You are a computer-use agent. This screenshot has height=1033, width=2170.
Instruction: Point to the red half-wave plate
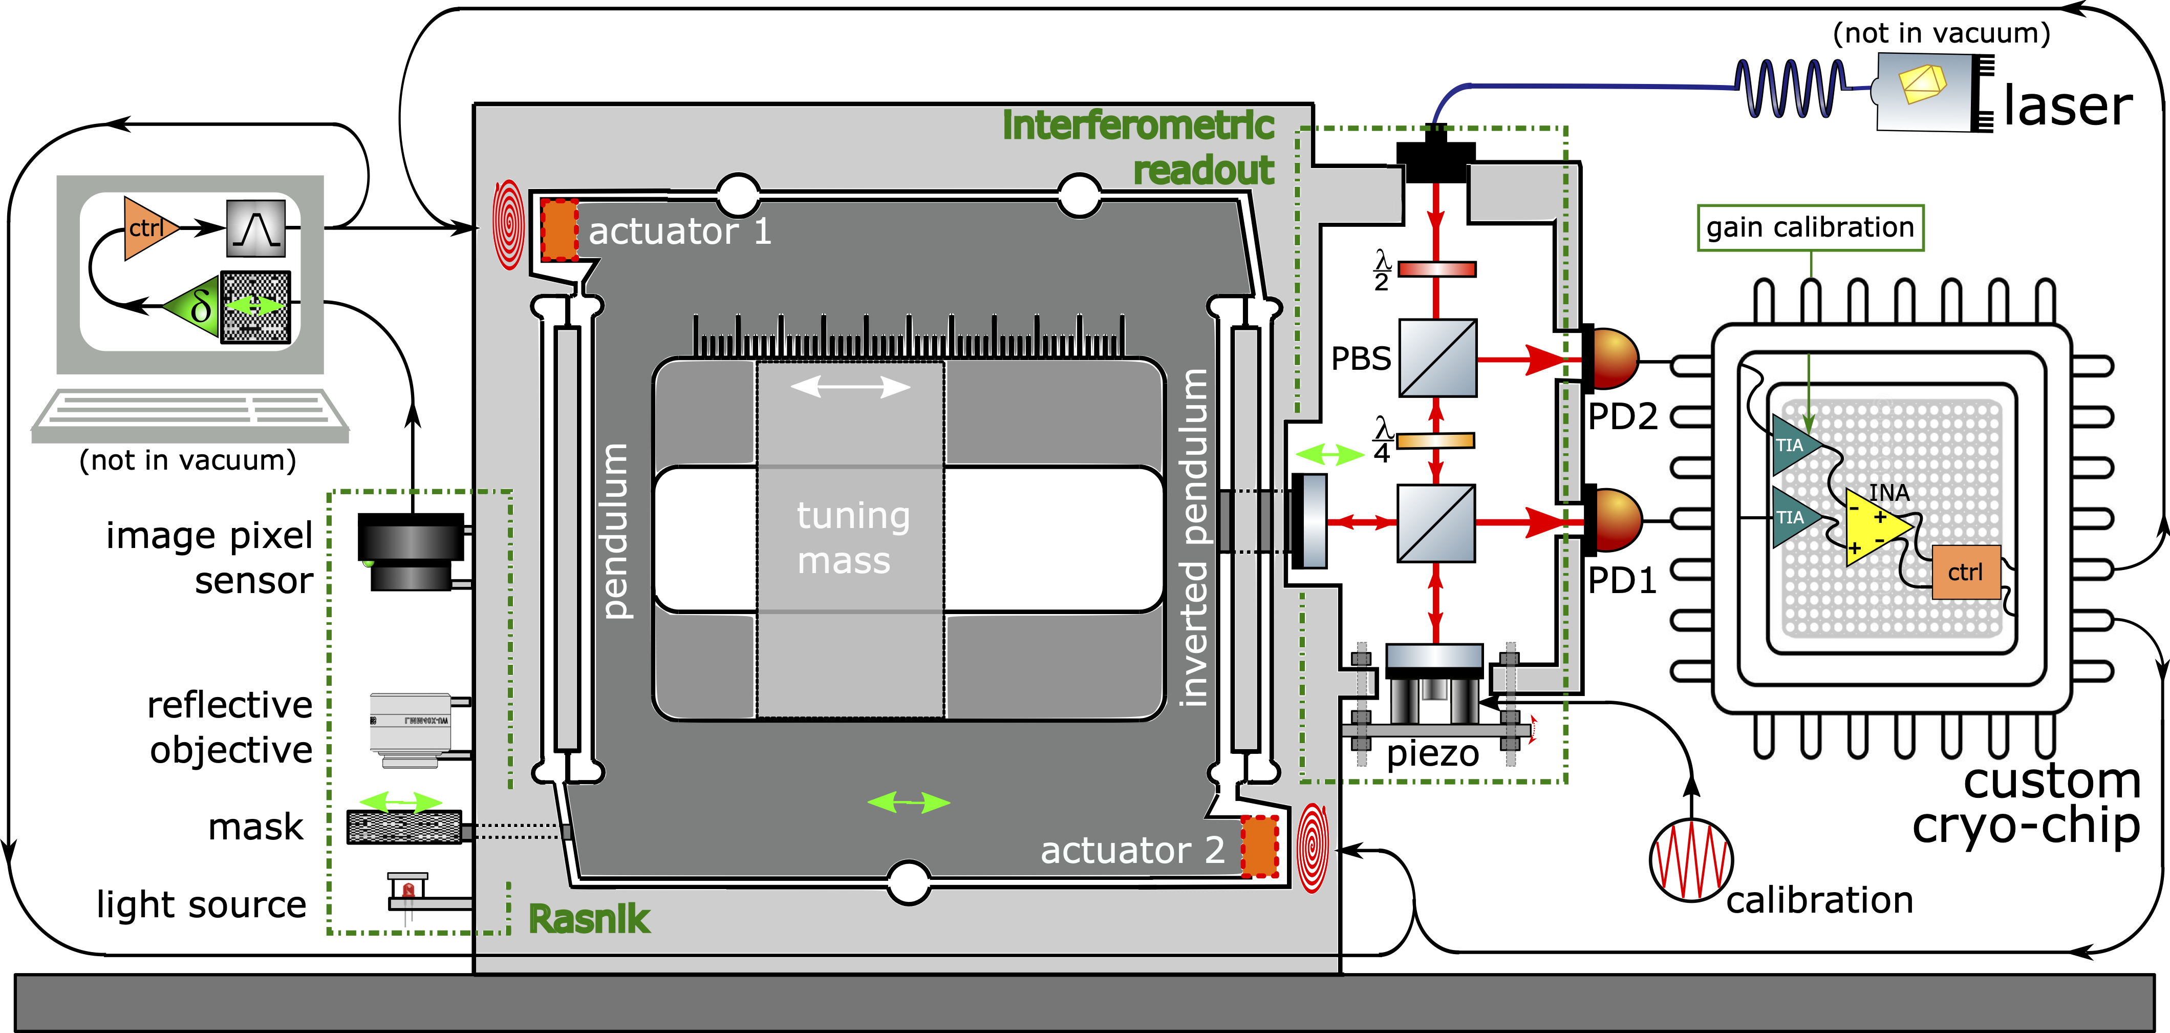1437,269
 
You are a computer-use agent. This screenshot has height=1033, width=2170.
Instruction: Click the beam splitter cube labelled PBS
1438,357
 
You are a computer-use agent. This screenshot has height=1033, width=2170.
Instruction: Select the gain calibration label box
1810,227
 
